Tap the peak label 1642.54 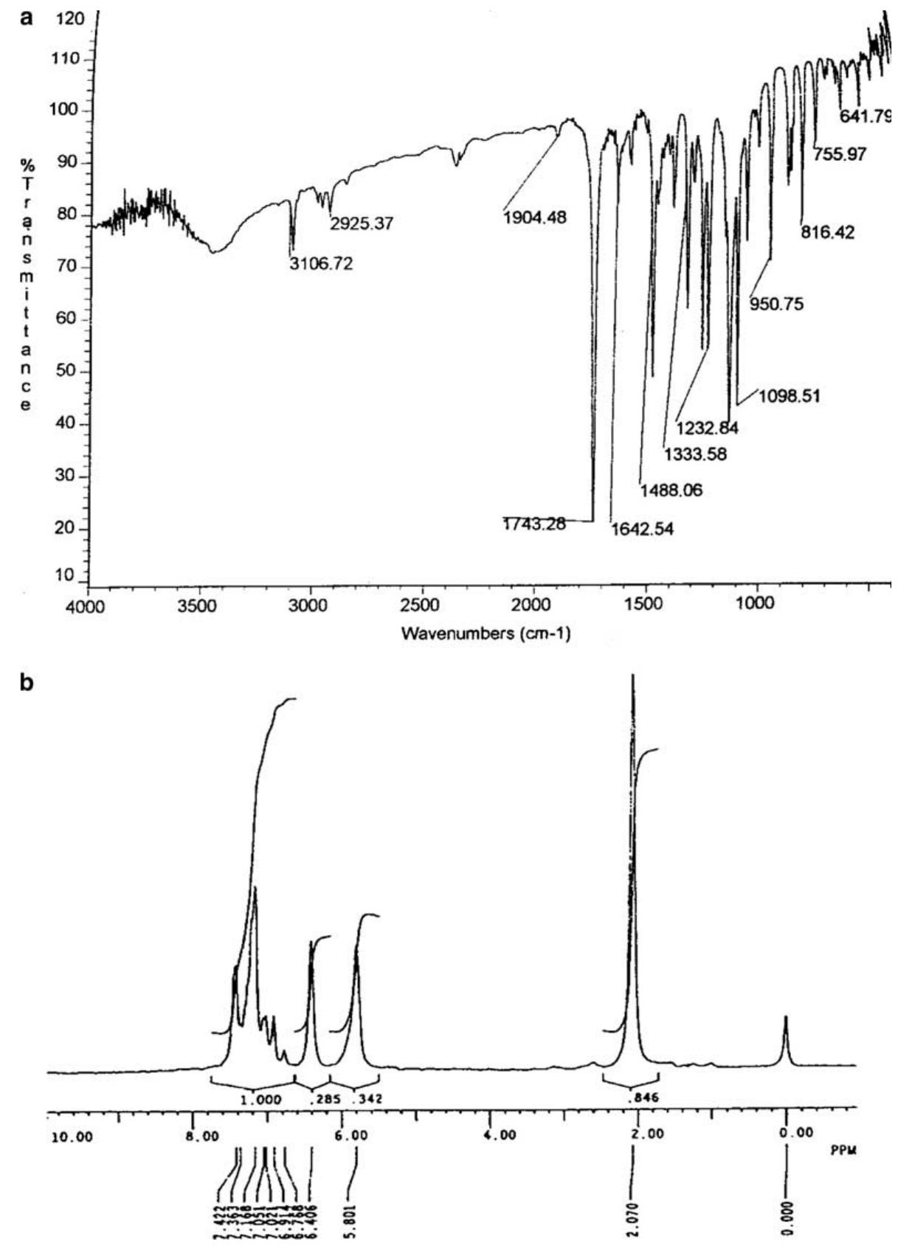[x=642, y=529]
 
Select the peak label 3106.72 [x=320, y=263]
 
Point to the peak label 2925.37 [x=362, y=223]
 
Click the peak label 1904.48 [x=535, y=218]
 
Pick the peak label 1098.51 [x=789, y=396]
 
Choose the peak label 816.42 [x=828, y=232]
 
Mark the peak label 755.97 [x=840, y=155]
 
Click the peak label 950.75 [x=777, y=303]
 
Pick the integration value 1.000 [x=262, y=1099]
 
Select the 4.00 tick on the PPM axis [x=499, y=1135]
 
